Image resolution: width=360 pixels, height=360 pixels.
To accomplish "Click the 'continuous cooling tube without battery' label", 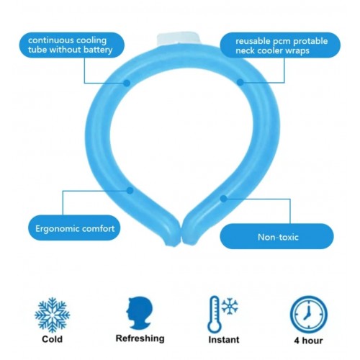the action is click(x=72, y=45).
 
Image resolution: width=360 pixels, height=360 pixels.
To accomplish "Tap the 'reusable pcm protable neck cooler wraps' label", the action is click(x=280, y=45).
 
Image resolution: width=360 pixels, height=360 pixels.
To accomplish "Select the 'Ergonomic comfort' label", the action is click(x=74, y=228).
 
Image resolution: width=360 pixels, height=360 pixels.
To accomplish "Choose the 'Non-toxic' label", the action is click(x=277, y=236).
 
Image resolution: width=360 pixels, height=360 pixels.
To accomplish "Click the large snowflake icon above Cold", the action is click(x=53, y=315).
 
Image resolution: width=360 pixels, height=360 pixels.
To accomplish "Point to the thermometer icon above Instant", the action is click(x=214, y=315).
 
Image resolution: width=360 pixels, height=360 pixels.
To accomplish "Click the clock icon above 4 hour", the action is click(x=309, y=315).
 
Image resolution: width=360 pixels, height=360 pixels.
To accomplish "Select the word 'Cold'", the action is click(x=52, y=339).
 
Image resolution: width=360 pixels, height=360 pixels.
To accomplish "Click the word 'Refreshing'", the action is click(x=140, y=338).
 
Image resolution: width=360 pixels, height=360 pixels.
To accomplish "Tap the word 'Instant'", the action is click(x=224, y=340).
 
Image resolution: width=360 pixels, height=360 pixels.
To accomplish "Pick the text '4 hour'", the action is click(x=308, y=341).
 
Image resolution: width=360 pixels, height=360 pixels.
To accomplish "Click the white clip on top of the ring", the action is click(x=179, y=40).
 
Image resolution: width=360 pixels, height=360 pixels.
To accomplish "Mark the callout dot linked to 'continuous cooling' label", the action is click(x=127, y=84).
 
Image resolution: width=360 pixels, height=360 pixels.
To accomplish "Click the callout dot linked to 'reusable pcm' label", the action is click(x=240, y=83).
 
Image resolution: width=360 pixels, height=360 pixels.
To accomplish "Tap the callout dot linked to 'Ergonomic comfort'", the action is click(x=130, y=191).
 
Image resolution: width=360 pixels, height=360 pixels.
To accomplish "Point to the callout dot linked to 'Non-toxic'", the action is click(x=223, y=199).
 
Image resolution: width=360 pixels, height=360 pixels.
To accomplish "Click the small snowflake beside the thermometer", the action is click(x=230, y=306).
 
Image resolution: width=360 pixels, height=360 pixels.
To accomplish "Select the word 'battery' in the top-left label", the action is click(x=98, y=50).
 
